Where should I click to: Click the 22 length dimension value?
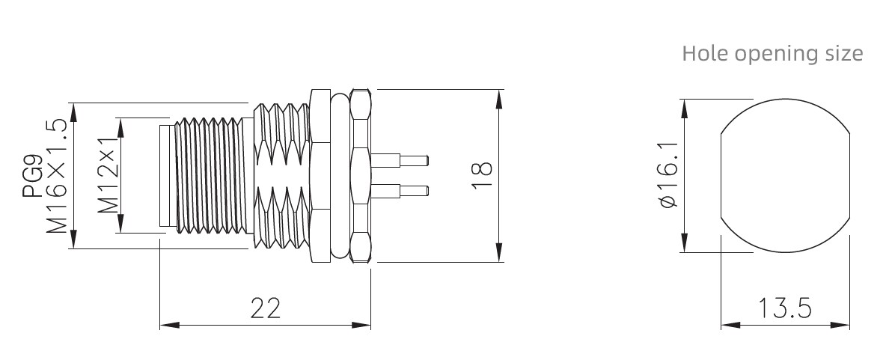tap(266, 308)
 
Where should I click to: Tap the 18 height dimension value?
tap(481, 175)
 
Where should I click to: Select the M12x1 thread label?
tap(108, 175)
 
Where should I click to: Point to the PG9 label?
tap(32, 177)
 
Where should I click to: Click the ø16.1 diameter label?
tap(670, 175)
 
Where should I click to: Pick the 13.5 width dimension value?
tap(785, 308)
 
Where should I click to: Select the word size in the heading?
tap(844, 53)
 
